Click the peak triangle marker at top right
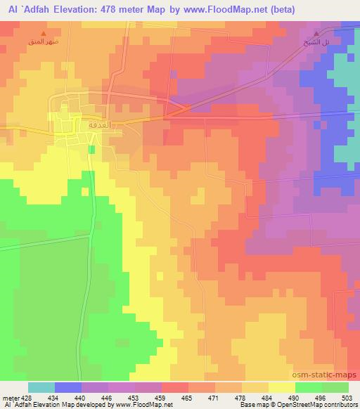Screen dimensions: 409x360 pos(316,34)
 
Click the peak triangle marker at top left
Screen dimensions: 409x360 pos(44,34)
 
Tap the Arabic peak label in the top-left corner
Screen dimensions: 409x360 pos(43,44)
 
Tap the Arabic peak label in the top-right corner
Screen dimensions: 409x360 pos(315,44)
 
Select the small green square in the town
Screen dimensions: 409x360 pos(91,148)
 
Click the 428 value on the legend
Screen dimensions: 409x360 pos(27,398)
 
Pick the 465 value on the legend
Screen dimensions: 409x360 pos(186,398)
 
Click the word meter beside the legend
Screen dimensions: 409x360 pos(9,398)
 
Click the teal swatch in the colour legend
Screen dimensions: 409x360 pos(41,387)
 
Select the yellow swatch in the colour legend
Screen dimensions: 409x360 pos(281,387)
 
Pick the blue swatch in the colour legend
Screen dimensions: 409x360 pos(68,387)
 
